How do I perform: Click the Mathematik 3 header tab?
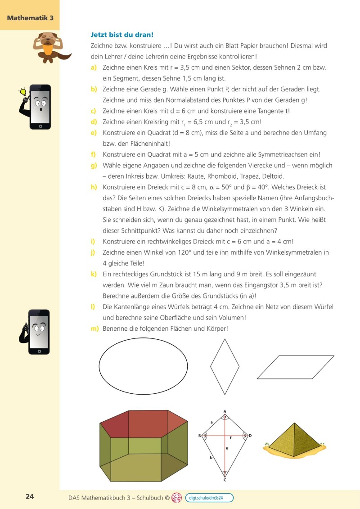(30, 18)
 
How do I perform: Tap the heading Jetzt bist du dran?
(122, 34)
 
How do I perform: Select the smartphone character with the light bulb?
(38, 107)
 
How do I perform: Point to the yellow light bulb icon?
(23, 92)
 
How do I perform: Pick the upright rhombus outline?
(225, 367)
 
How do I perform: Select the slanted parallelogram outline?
(296, 367)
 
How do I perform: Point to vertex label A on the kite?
(225, 411)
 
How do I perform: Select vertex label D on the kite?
(250, 436)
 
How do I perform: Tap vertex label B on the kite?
(199, 436)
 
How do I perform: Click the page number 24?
(30, 497)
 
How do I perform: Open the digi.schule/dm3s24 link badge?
(209, 498)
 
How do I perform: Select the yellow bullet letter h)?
(94, 187)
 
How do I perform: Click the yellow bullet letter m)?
(94, 329)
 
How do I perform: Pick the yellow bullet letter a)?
(94, 68)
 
